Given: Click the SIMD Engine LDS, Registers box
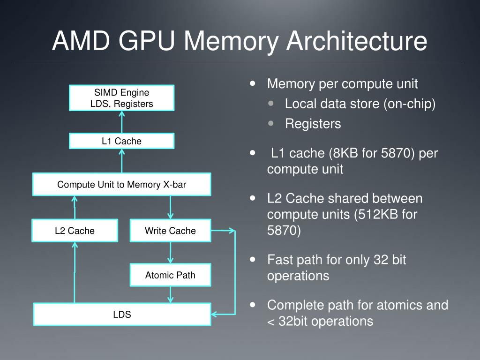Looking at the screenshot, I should [x=121, y=98].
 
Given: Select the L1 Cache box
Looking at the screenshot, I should [x=121, y=141].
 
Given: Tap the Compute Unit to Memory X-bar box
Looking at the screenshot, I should [x=121, y=185].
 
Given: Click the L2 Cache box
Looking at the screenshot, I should [x=75, y=231].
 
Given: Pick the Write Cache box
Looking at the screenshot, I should [x=170, y=231].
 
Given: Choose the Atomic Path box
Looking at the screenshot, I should [x=170, y=275].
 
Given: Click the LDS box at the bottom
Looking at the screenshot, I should [x=121, y=315].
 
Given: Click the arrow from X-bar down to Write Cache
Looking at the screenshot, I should [x=170, y=207].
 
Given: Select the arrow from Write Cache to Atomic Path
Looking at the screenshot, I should [x=170, y=253].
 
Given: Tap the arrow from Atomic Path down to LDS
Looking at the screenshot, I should [x=170, y=294].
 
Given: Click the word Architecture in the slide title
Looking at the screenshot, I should [x=357, y=41].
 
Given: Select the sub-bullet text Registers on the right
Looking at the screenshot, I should [x=313, y=124].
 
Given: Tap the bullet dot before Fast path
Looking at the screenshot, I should [x=254, y=259].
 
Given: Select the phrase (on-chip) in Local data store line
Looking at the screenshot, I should [x=409, y=104].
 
